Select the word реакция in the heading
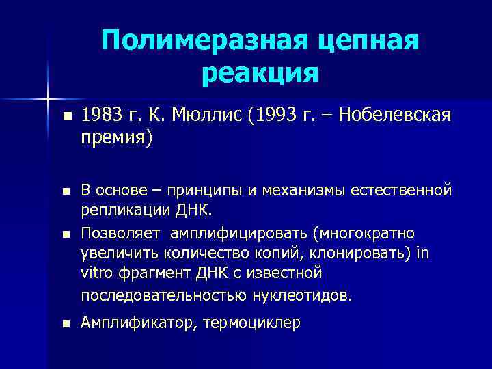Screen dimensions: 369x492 [x=260, y=72]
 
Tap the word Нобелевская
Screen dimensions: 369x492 [x=396, y=116]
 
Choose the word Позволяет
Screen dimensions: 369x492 [x=121, y=233]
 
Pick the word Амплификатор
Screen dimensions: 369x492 [x=136, y=323]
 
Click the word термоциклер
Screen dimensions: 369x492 [x=252, y=323]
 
